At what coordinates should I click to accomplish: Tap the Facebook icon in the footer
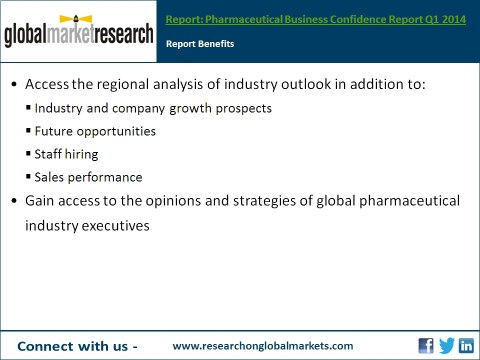[x=426, y=345]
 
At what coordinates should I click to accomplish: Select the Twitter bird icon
[x=446, y=345]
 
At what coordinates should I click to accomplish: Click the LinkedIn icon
[x=466, y=345]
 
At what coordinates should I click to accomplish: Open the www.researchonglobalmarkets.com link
[x=263, y=345]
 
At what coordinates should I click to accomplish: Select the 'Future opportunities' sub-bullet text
[x=95, y=131]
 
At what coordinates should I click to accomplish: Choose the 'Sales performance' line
[x=88, y=177]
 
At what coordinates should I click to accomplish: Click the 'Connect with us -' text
[x=77, y=345]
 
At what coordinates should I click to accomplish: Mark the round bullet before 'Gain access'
[x=13, y=202]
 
